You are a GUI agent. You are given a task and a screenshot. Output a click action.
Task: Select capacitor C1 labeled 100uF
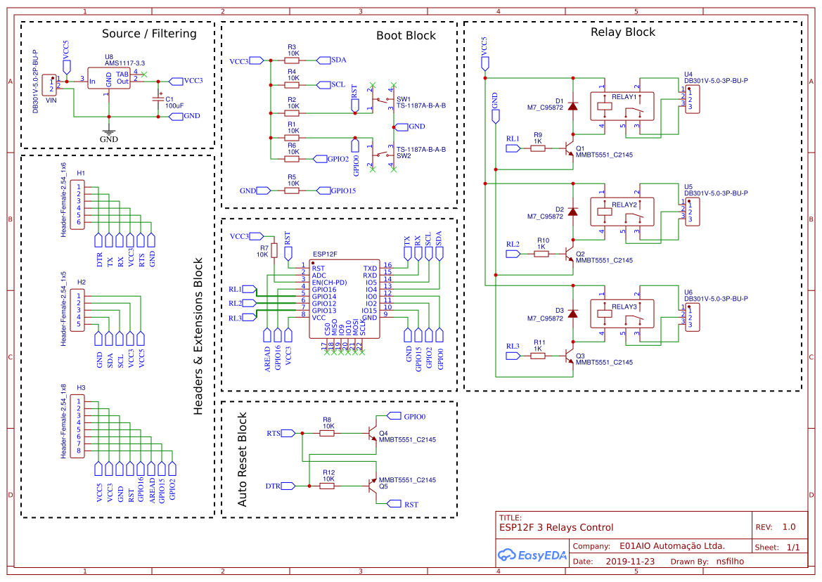coord(158,101)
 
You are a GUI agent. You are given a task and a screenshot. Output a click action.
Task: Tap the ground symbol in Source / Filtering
coord(108,132)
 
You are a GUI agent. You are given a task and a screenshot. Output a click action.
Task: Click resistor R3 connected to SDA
coord(293,60)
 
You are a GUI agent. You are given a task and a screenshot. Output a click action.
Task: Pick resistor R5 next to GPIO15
coord(293,190)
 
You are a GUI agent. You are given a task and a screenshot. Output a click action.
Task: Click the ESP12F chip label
coord(325,253)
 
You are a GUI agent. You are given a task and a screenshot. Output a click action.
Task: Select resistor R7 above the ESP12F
coord(275,250)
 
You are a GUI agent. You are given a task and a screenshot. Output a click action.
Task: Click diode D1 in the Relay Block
coord(572,106)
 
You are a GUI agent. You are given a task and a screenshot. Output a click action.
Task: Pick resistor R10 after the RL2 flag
coord(541,254)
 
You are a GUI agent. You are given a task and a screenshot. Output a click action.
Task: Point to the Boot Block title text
coord(406,36)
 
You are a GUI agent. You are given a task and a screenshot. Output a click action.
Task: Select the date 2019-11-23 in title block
coord(629,562)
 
